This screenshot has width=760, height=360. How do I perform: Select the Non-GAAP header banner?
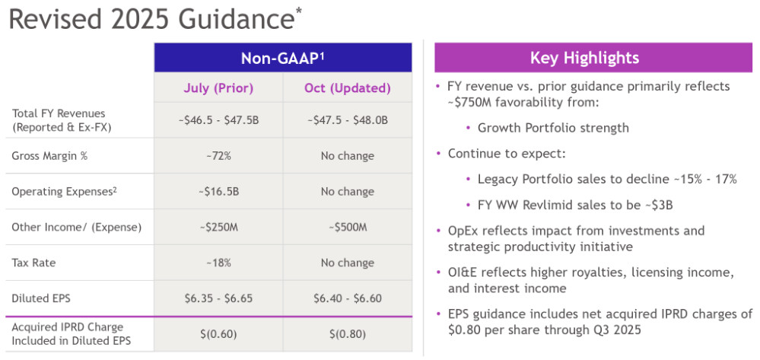pyautogui.click(x=283, y=58)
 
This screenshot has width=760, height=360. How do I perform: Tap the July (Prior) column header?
pyautogui.click(x=218, y=88)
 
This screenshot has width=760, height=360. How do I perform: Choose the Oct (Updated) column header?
pyautogui.click(x=347, y=88)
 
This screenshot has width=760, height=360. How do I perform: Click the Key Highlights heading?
pyautogui.click(x=584, y=58)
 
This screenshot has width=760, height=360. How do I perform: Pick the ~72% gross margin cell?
pyautogui.click(x=218, y=156)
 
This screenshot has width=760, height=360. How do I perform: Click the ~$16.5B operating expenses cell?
pyautogui.click(x=218, y=191)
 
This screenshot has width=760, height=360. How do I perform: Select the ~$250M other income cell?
pyautogui.click(x=218, y=227)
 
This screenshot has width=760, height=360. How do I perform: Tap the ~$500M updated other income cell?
pyautogui.click(x=347, y=227)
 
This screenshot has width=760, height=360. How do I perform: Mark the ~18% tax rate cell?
pyautogui.click(x=218, y=263)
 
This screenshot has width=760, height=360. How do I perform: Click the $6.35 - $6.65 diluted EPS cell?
pyautogui.click(x=218, y=298)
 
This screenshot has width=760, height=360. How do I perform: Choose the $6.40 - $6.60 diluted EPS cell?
pyautogui.click(x=347, y=298)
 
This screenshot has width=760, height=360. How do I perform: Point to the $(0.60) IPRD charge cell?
pyautogui.click(x=218, y=334)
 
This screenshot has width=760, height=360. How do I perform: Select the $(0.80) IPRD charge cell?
pyautogui.click(x=347, y=334)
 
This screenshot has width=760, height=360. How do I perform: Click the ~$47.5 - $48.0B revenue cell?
pyautogui.click(x=347, y=120)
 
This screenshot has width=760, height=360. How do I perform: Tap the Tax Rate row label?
pyautogui.click(x=33, y=263)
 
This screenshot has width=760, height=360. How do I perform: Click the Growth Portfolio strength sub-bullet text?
pyautogui.click(x=553, y=128)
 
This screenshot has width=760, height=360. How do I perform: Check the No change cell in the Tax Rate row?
pyautogui.click(x=347, y=263)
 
